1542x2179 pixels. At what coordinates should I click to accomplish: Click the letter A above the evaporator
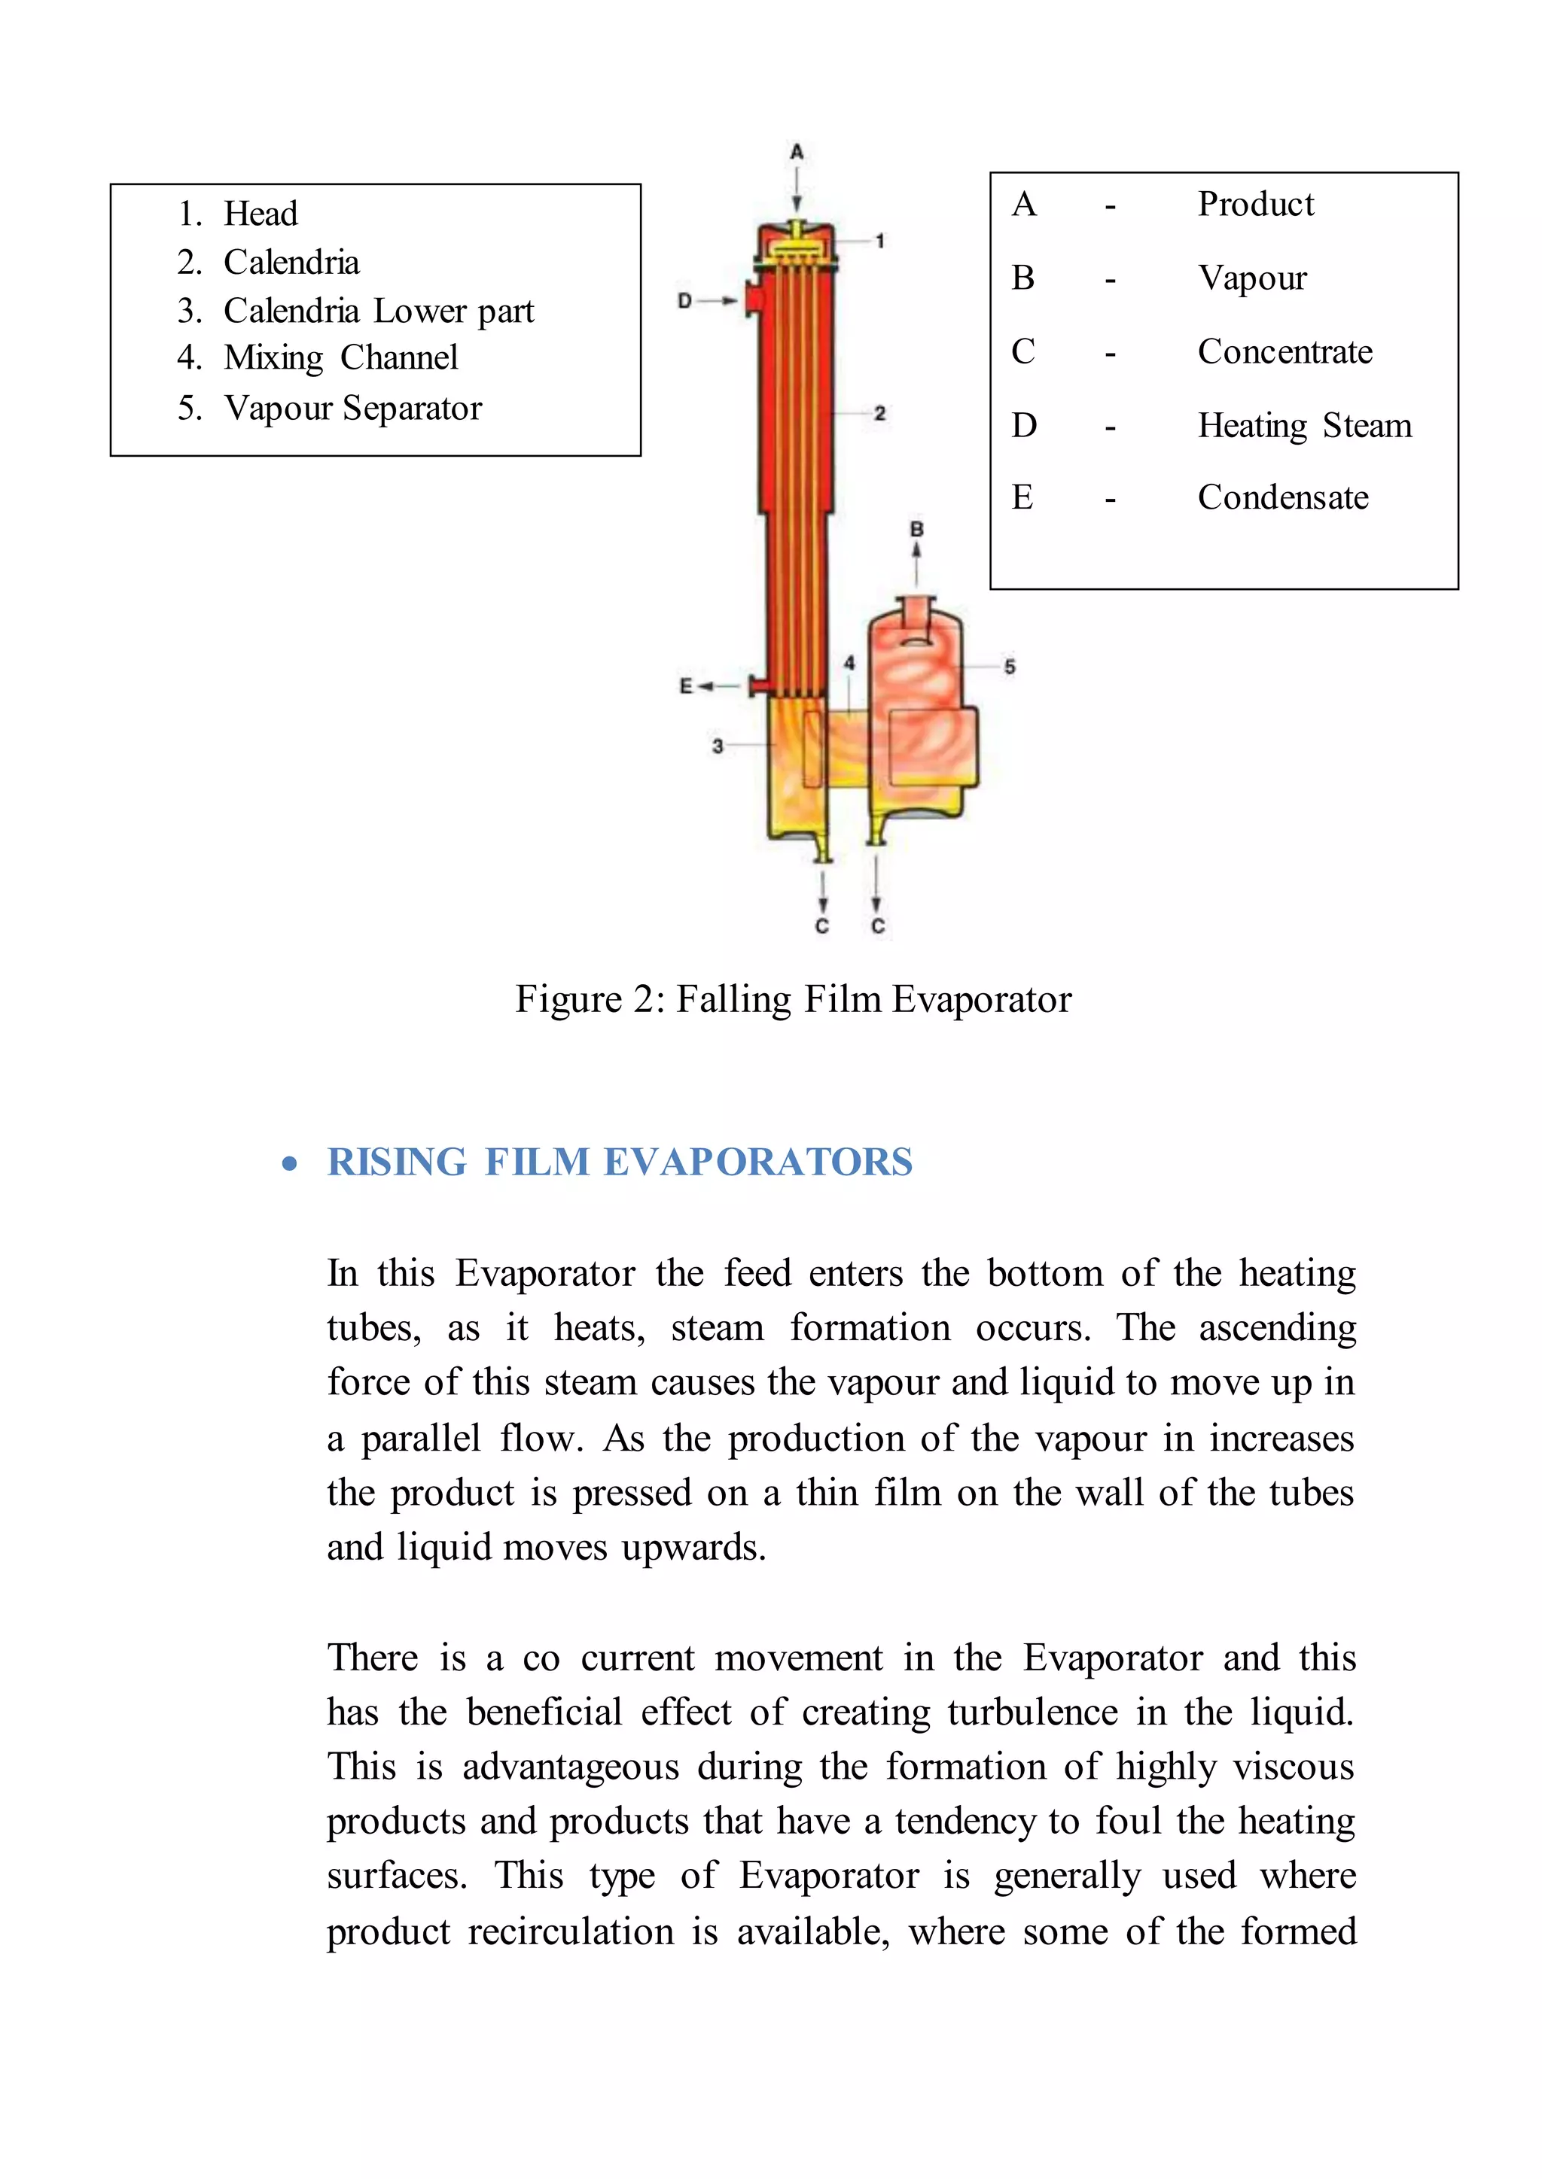pos(797,152)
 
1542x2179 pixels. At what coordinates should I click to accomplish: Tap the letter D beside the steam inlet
pos(684,301)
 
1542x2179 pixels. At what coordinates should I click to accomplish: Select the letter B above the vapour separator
pos(916,529)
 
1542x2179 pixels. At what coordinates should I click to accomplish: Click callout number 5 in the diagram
pos(1010,667)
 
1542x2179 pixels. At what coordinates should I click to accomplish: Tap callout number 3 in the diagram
pos(718,746)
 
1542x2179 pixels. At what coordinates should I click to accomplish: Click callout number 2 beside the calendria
pos(880,413)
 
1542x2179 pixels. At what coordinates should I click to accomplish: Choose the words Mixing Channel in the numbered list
pos(341,358)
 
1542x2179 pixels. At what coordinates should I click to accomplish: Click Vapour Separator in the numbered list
pos(353,408)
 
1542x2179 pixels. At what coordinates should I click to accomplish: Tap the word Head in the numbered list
pos(261,214)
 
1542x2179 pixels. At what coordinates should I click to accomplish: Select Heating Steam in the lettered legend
pos(1305,425)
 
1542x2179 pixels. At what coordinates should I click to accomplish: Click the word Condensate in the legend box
pos(1283,497)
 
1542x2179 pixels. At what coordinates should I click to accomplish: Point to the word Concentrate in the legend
pos(1284,352)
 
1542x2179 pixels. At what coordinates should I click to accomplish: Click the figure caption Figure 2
pos(793,999)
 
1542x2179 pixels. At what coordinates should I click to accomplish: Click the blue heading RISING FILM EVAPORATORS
pos(619,1162)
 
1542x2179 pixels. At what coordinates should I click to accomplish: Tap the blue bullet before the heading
pos(290,1165)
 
